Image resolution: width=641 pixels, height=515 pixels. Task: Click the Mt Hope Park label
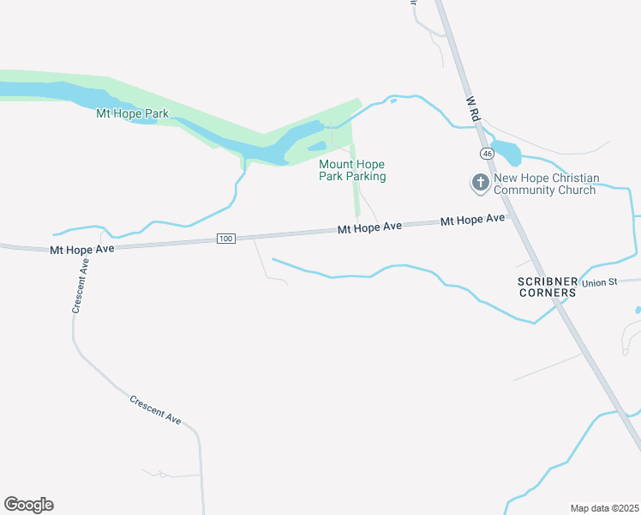click(x=132, y=113)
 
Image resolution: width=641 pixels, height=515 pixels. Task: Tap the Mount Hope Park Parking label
click(x=352, y=170)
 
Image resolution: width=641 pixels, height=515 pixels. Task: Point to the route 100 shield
click(x=225, y=238)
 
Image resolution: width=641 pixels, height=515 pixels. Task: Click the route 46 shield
click(x=487, y=153)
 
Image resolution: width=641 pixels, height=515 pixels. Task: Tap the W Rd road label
click(x=472, y=106)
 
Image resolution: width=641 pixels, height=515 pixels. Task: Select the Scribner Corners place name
click(x=547, y=287)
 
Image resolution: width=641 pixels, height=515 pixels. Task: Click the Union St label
click(x=599, y=282)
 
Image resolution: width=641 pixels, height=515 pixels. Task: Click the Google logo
click(x=28, y=505)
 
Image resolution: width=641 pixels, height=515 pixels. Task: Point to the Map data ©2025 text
click(x=604, y=508)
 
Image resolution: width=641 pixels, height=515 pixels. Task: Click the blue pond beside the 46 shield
click(x=506, y=153)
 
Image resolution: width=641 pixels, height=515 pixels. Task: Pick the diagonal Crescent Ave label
click(x=156, y=409)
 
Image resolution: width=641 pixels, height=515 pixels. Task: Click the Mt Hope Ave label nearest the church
click(x=472, y=220)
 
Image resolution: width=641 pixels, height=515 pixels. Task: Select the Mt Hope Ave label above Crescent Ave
click(x=81, y=250)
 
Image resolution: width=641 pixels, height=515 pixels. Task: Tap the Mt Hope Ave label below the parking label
click(x=369, y=227)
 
